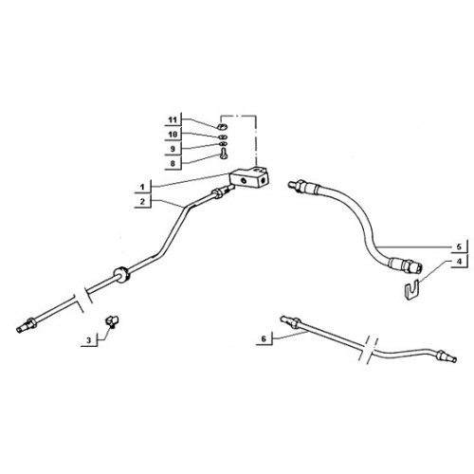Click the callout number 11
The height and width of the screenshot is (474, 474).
point(173,120)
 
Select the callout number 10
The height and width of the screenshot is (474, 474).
point(173,135)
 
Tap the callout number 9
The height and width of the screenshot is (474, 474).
point(173,149)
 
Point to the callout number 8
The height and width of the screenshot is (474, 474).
point(173,164)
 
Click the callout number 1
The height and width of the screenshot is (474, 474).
point(142,187)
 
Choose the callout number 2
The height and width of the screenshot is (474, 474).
point(142,202)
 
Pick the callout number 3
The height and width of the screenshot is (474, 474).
point(89,340)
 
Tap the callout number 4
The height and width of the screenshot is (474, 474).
point(459,262)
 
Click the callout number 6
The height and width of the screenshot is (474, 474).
point(264,338)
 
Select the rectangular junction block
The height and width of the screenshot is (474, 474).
point(249,178)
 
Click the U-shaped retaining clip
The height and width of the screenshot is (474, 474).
point(412,288)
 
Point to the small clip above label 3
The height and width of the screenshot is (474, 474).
point(112,320)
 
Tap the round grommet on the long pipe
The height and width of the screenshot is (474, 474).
point(121,275)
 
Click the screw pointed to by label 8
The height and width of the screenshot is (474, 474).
point(225,155)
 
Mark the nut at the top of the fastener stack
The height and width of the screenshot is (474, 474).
point(222,127)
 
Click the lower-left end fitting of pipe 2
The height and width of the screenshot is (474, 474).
point(27,325)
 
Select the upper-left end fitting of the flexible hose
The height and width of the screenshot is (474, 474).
point(299,185)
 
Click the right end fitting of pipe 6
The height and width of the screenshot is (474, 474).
point(446,356)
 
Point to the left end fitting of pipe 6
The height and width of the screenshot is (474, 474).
point(290,321)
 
